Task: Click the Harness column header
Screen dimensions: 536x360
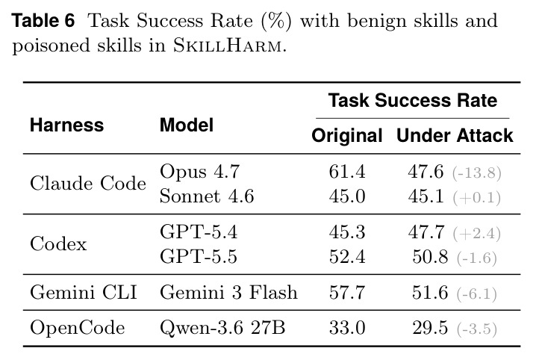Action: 66,125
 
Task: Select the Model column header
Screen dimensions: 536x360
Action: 187,125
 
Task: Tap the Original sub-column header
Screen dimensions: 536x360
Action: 346,136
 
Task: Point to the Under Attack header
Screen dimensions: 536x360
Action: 455,135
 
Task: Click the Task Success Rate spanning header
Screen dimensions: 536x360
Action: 413,101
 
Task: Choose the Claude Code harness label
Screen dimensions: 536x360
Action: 88,184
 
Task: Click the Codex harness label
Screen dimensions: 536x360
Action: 58,244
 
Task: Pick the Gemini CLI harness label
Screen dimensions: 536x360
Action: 84,293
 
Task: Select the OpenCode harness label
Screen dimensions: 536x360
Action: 77,328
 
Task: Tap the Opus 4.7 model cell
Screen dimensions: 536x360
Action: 199,171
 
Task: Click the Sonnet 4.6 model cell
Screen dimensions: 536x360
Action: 207,196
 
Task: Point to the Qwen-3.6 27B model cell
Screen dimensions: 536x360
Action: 222,328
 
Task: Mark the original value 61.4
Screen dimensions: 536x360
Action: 347,171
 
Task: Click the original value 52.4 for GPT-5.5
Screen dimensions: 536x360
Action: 347,257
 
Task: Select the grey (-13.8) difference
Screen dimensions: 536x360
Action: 477,173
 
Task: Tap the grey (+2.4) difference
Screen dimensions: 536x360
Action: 477,234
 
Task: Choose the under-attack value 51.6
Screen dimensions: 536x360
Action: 430,293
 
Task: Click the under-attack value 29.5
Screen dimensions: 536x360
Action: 430,328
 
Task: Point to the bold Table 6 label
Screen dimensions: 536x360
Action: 43,20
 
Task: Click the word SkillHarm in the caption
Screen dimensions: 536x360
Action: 228,46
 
